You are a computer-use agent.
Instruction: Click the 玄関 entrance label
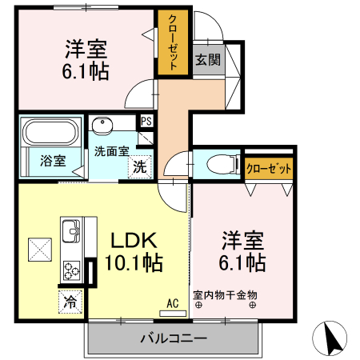(x=207, y=59)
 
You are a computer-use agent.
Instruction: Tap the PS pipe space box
(x=146, y=122)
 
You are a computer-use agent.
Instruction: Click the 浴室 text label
(x=52, y=159)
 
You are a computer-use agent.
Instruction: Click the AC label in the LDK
(x=172, y=303)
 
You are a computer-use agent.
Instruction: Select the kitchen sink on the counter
(x=70, y=232)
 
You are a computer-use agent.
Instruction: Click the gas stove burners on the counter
(x=70, y=270)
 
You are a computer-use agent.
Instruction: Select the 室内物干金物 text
(x=225, y=294)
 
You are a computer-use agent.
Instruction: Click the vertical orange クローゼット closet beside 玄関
(x=172, y=42)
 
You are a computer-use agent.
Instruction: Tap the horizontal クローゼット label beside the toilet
(x=269, y=168)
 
